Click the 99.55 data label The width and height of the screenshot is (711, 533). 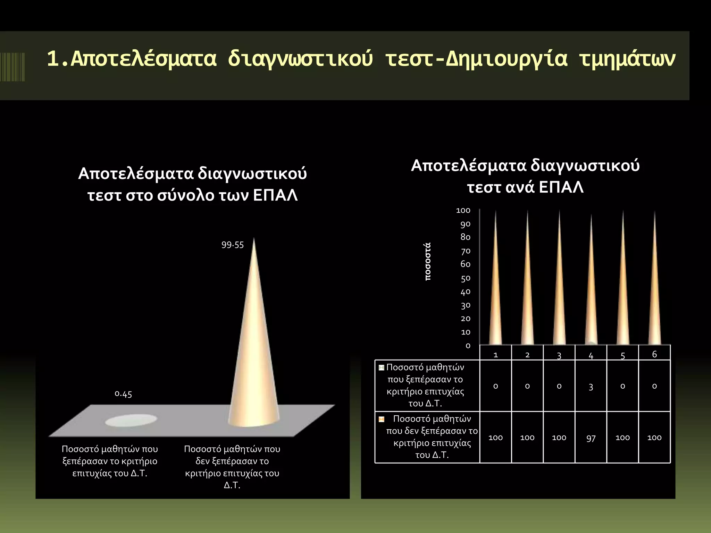[x=233, y=245]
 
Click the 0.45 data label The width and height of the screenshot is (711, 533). [x=123, y=394]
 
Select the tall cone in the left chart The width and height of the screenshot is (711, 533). [x=254, y=347]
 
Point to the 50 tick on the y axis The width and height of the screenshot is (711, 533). [x=466, y=278]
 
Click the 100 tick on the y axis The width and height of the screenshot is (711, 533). [x=463, y=211]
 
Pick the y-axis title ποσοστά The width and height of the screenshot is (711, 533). [x=428, y=261]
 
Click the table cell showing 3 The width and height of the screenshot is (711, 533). [x=591, y=386]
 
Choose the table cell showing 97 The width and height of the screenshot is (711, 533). [x=591, y=438]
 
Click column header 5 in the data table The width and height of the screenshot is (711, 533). [x=623, y=355]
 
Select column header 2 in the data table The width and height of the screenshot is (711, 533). [x=527, y=355]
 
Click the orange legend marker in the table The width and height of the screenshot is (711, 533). [x=382, y=419]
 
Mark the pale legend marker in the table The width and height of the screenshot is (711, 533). [x=382, y=367]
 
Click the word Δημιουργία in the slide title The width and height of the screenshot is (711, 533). [x=507, y=59]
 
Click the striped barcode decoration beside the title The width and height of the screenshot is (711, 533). [x=12, y=67]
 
